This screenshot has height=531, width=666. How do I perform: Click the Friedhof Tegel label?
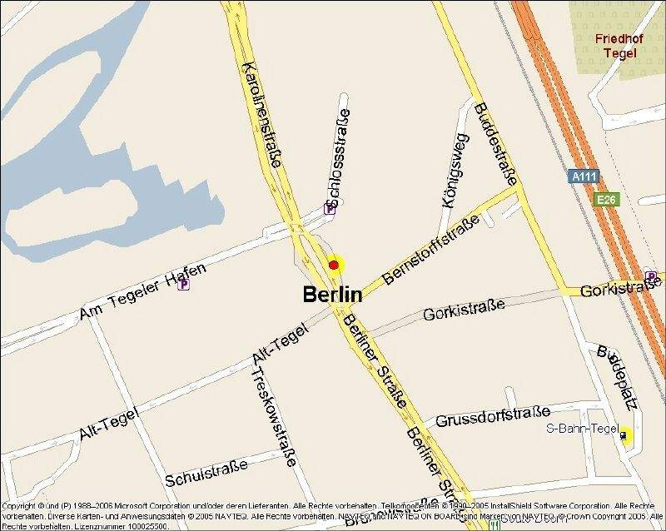(615, 46)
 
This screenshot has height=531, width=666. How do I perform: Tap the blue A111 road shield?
(584, 176)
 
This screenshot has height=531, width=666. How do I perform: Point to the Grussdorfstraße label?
(493, 414)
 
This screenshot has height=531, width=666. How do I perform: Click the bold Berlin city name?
(332, 295)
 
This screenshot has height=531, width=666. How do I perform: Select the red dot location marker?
(334, 265)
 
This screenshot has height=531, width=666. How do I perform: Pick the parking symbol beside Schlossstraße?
(330, 211)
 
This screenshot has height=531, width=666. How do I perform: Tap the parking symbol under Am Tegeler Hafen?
(184, 284)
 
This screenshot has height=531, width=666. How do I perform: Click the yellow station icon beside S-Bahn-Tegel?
(625, 434)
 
